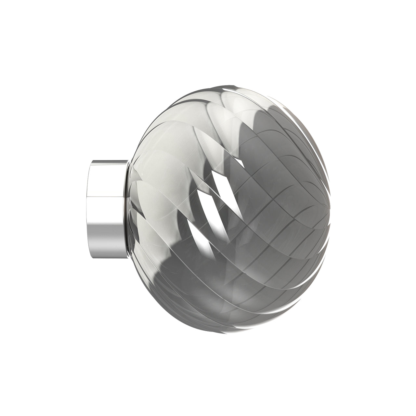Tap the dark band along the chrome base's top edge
pos(107,162)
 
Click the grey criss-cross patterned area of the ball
pos(276,208)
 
